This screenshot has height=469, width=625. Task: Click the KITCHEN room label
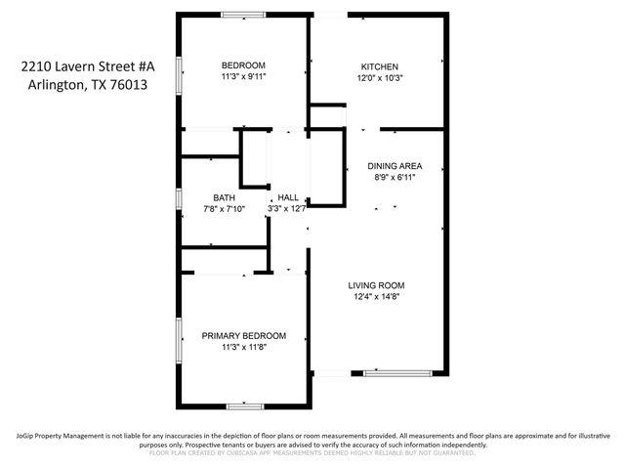pyautogui.click(x=379, y=66)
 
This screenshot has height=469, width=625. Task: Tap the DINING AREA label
pyautogui.click(x=395, y=166)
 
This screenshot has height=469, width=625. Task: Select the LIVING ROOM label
pyautogui.click(x=377, y=285)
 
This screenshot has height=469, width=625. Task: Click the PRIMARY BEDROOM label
pyautogui.click(x=243, y=335)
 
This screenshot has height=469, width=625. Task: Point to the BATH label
pyautogui.click(x=224, y=197)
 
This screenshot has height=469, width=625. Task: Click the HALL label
pyautogui.click(x=288, y=197)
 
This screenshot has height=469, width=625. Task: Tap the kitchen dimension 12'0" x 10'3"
pyautogui.click(x=379, y=78)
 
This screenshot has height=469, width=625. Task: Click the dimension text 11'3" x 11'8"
pyautogui.click(x=243, y=347)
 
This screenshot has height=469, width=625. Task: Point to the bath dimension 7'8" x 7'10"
pyautogui.click(x=224, y=208)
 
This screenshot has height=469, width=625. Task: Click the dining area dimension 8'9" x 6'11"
pyautogui.click(x=395, y=178)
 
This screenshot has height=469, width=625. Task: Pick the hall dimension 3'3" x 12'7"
pyautogui.click(x=288, y=208)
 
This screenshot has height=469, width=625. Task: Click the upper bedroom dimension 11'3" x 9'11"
pyautogui.click(x=243, y=76)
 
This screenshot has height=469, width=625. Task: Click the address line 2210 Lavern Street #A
pyautogui.click(x=88, y=66)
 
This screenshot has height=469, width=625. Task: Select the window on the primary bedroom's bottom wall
pyautogui.click(x=244, y=405)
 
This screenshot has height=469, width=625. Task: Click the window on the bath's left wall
pyautogui.click(x=178, y=197)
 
